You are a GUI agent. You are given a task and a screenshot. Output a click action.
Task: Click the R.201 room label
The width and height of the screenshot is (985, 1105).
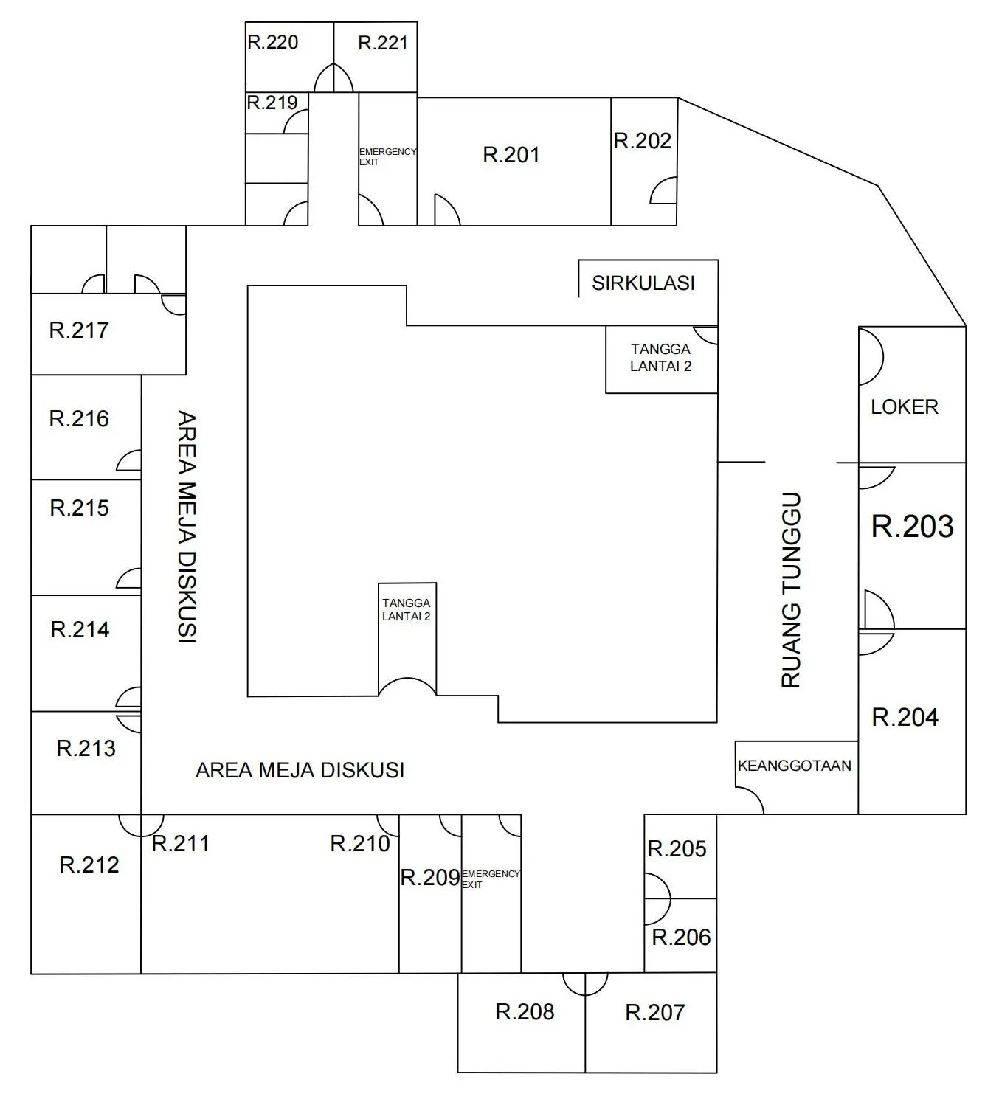click(x=511, y=155)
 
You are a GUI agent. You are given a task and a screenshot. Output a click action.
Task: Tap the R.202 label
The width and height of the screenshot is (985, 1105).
click(x=642, y=141)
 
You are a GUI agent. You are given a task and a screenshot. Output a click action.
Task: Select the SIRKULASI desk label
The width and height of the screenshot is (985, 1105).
click(x=643, y=283)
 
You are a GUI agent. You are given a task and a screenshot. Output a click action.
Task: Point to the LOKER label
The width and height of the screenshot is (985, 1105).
click(x=905, y=407)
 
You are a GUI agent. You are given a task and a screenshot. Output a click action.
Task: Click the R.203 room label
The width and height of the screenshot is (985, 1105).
click(x=912, y=527)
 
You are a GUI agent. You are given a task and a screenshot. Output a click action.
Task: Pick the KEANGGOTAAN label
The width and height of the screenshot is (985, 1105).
click(x=795, y=766)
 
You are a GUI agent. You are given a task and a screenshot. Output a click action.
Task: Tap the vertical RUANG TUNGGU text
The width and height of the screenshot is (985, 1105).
click(x=791, y=590)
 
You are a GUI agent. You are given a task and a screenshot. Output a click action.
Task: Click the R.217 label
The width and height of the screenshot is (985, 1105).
click(x=79, y=330)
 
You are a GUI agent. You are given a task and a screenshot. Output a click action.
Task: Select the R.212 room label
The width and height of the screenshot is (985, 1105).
click(x=89, y=865)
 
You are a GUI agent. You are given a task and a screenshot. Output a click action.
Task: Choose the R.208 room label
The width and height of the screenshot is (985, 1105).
click(x=525, y=1012)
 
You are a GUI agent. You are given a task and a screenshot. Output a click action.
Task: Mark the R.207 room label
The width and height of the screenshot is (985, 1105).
click(x=655, y=1012)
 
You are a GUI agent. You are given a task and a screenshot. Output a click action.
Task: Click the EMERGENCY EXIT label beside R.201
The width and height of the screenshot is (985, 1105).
click(x=387, y=156)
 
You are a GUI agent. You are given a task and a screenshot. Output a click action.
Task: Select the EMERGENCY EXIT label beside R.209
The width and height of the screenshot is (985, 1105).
click(x=491, y=879)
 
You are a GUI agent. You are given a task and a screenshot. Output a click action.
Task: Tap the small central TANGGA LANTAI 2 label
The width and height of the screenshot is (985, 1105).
click(x=406, y=610)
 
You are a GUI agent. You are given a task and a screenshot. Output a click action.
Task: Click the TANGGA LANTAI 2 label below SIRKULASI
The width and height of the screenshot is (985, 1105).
click(x=660, y=358)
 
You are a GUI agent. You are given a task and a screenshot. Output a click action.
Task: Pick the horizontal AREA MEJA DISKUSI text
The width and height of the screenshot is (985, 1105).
click(x=300, y=770)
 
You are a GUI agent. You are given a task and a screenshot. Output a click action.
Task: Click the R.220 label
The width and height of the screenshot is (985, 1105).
click(x=272, y=43)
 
